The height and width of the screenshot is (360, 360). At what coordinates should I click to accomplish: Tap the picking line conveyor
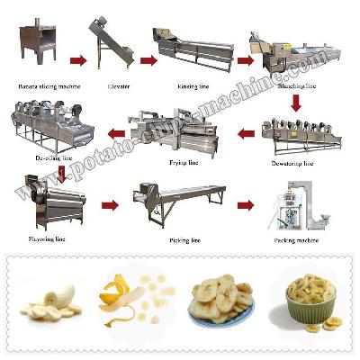point(176,203)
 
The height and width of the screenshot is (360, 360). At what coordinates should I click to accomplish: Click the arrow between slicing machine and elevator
point(78,61)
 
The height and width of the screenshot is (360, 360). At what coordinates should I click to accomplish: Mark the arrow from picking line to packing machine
point(244,205)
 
